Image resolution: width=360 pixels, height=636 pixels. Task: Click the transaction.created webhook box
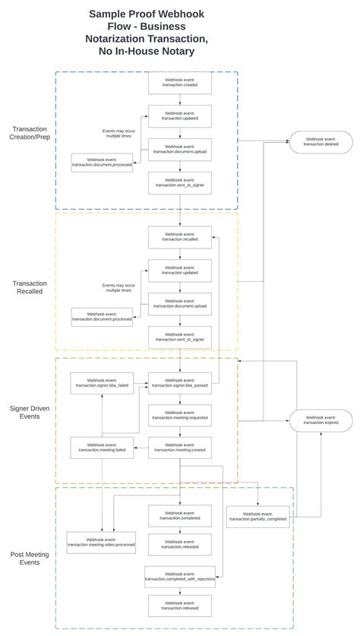pos(180,83)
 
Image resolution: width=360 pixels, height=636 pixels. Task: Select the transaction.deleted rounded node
pos(321,141)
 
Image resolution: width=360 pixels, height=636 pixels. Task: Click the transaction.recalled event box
pos(180,236)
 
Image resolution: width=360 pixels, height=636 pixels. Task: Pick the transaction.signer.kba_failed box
pos(102,383)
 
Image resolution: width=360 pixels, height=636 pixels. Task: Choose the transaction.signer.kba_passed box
pos(180,383)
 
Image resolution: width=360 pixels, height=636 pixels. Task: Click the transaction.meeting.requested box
pos(180,415)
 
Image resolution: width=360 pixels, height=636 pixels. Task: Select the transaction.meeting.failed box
pos(102,448)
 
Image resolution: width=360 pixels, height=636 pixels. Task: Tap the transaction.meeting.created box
pos(180,448)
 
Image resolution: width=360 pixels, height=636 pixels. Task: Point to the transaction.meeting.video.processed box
pos(102,542)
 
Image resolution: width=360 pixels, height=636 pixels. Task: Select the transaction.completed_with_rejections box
pos(180,576)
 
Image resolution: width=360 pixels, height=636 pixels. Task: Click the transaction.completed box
pos(180,515)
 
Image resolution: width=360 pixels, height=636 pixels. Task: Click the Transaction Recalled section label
pos(28,287)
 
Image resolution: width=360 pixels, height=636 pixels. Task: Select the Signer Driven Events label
pos(30,412)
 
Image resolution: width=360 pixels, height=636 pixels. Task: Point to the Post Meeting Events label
pos(30,558)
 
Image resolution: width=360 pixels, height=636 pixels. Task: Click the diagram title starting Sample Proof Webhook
pos(147,33)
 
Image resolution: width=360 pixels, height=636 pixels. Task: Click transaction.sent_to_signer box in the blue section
pos(180,182)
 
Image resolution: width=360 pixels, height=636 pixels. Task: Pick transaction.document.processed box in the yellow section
pos(102,317)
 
